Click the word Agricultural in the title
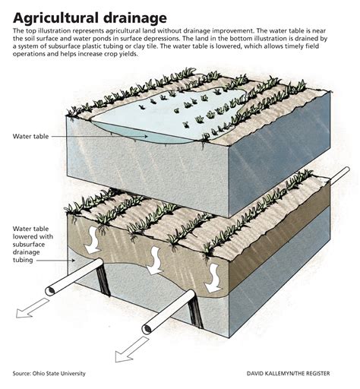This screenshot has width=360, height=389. click(x=54, y=18)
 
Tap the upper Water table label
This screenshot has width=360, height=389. click(x=30, y=136)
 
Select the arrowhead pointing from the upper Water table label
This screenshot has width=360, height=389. click(x=146, y=136)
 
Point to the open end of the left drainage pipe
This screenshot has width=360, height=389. click(x=50, y=291)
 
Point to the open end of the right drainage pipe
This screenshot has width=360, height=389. click(x=147, y=329)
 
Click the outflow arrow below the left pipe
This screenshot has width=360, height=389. click(x=32, y=308)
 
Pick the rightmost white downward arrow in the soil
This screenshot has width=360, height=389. click(x=213, y=278)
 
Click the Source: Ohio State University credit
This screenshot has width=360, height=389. click(x=49, y=373)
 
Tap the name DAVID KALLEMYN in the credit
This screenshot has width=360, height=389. click(x=271, y=373)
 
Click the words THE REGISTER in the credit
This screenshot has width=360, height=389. click(x=314, y=373)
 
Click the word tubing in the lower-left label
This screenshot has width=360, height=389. click(x=23, y=260)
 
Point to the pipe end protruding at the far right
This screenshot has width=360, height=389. click(x=346, y=170)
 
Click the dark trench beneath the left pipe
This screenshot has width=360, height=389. click(x=103, y=280)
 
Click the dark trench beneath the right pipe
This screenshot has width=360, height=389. click(x=195, y=314)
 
